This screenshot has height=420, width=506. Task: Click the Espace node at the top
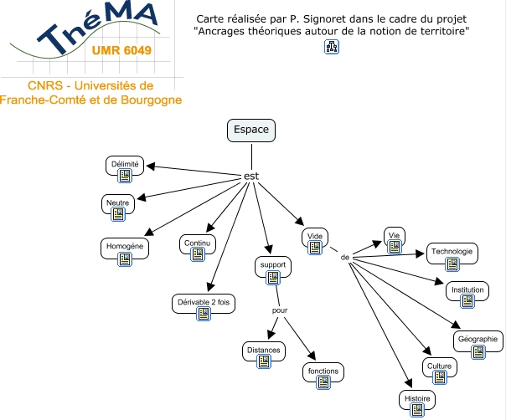click(x=251, y=131)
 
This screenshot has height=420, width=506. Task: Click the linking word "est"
click(x=250, y=177)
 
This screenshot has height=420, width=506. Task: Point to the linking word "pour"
click(x=280, y=310)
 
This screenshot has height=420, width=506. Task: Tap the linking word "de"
click(x=344, y=257)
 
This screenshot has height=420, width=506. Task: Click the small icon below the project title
click(x=331, y=47)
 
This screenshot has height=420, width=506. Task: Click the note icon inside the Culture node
click(x=439, y=377)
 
